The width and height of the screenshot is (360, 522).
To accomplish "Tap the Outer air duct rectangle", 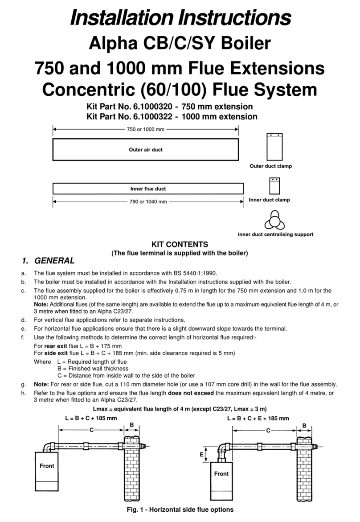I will [145, 149].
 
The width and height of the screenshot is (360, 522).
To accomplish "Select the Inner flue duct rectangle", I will [148, 189].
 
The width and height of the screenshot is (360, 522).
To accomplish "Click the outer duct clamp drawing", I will [273, 147].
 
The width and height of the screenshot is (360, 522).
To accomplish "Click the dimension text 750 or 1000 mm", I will [145, 129].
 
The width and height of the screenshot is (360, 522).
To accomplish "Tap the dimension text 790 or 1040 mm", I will [148, 201].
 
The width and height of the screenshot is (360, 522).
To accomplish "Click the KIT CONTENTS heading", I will [180, 244].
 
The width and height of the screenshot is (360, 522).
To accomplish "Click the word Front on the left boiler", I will [47, 466].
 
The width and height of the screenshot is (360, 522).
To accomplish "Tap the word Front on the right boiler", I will [221, 473].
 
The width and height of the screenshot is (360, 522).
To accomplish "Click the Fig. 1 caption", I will [180, 510].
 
